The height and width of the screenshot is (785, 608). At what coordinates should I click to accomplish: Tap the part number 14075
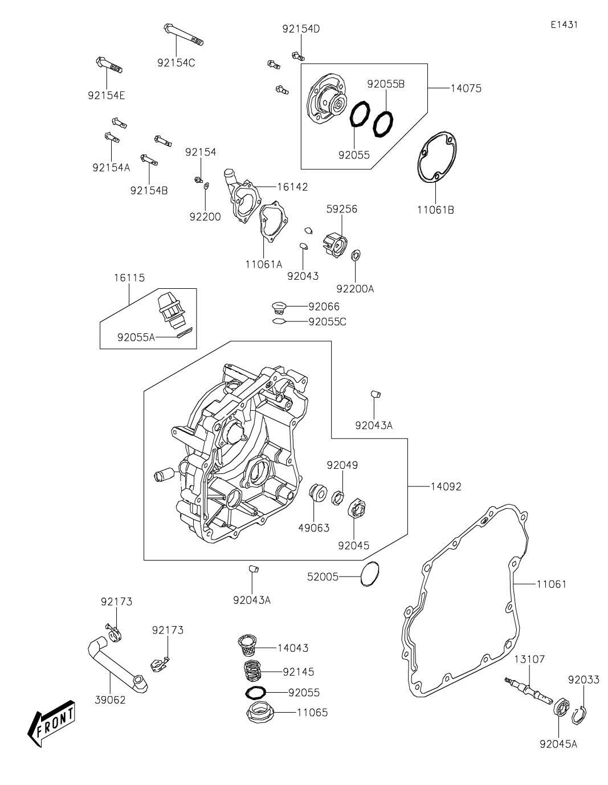click(x=466, y=88)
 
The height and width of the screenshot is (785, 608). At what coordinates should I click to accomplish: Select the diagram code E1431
click(x=564, y=24)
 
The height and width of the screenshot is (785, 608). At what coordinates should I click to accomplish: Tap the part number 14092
click(x=446, y=486)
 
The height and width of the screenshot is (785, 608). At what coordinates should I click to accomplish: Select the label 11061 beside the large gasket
click(x=551, y=584)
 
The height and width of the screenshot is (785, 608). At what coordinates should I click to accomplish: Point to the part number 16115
click(x=128, y=278)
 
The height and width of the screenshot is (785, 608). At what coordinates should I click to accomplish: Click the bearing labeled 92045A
click(x=560, y=709)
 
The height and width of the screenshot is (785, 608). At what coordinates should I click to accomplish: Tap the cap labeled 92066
click(x=279, y=307)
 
